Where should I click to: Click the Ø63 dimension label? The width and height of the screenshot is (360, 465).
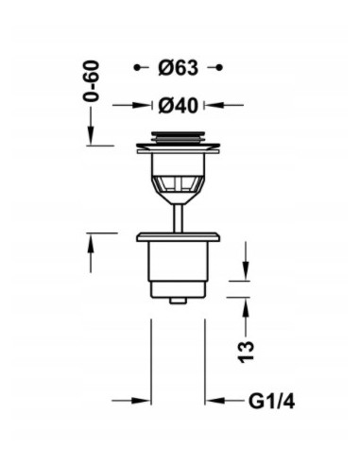click(179, 68)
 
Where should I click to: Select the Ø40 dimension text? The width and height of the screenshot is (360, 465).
click(179, 105)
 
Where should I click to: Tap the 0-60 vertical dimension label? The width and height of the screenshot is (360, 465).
click(91, 81)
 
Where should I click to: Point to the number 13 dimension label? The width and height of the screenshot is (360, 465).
click(246, 352)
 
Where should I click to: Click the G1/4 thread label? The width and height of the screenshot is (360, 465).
click(272, 402)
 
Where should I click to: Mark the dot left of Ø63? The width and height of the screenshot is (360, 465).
click(137, 67)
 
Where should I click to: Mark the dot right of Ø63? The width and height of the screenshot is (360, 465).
click(220, 67)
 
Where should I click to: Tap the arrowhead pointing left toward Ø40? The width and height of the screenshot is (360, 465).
click(214, 105)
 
